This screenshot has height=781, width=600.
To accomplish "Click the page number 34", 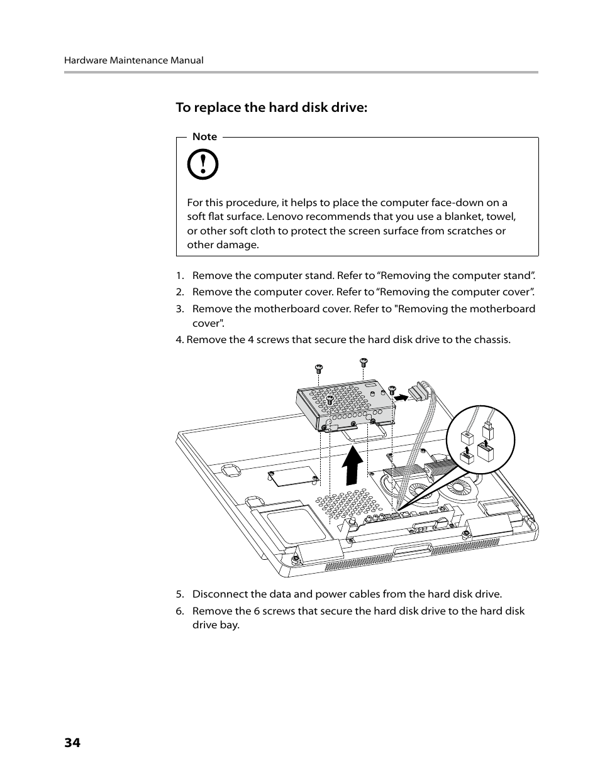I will tap(72, 743).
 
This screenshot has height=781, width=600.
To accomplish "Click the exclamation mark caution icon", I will tap(203, 165).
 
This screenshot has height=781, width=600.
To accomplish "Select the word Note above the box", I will tap(204, 136).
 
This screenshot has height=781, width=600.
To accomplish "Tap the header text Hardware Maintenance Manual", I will tap(133, 60).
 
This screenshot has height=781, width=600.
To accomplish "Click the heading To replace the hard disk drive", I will tap(271, 107).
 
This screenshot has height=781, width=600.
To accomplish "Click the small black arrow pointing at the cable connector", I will tap(400, 396).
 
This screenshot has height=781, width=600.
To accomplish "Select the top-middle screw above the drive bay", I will tap(363, 361).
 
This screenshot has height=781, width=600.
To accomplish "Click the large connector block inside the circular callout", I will tap(485, 451).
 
